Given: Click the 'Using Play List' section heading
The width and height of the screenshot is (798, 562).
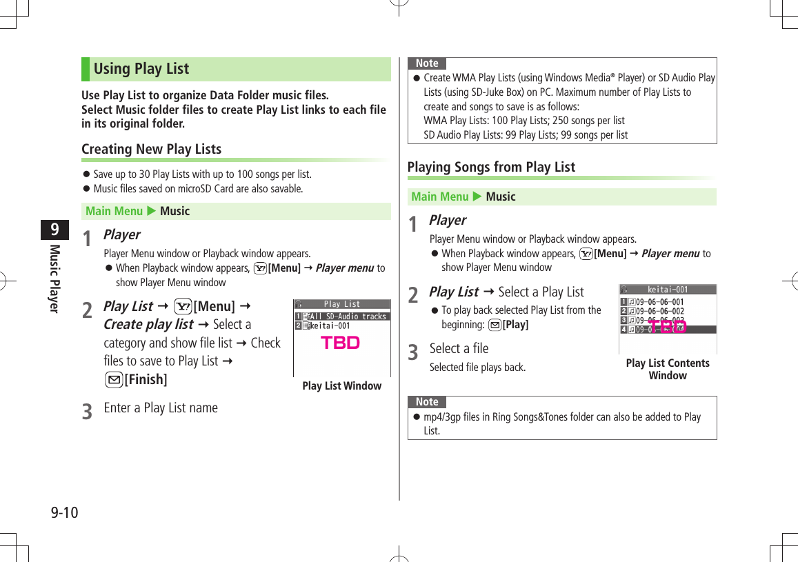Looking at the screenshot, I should pos(141,69).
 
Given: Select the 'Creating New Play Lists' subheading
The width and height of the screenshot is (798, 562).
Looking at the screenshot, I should pos(151,149).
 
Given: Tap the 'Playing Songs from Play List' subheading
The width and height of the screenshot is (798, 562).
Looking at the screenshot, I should pos(491,167).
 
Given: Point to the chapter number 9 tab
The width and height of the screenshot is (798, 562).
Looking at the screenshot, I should pos(54,229).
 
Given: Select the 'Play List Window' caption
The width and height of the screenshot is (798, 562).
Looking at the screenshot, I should pos(341,386).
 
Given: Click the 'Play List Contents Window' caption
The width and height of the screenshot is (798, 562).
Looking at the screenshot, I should pos(667,369).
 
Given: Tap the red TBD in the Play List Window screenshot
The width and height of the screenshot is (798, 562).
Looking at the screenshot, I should pos(340,343).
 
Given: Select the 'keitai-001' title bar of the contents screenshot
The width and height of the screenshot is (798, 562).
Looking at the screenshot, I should pos(667,290).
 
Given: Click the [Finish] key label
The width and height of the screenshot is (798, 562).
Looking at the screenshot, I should pos(145,379).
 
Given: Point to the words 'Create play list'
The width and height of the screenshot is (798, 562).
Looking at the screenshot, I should pos(148,324).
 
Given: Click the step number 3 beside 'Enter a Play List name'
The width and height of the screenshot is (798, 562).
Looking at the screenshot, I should pos(87,412).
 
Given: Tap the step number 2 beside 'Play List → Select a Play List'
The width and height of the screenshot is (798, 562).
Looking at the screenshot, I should pos(412,295).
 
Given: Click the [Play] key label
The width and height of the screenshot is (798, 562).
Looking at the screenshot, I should pos(515,325).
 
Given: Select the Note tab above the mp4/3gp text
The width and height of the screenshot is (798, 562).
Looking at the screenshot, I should pos(427,402).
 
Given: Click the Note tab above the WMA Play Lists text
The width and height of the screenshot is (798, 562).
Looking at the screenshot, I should pos(427,63).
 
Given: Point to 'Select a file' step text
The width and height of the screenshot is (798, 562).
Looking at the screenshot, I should pos(459,348).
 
